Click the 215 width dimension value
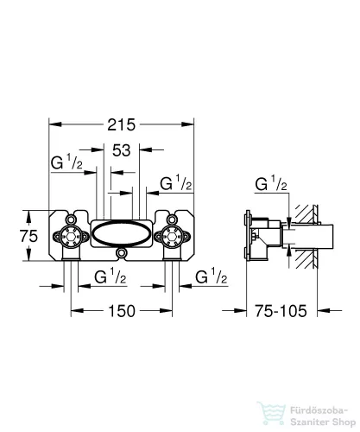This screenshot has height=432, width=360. coord(121,124)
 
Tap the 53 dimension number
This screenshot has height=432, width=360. coord(121,150)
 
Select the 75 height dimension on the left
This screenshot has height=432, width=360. coord(28,236)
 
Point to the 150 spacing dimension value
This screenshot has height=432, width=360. coord(122,311)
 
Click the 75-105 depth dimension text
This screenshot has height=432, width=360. coord(281,311)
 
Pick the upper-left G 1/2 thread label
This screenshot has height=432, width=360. coord(66,162)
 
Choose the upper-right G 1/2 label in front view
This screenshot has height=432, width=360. coord(176,183)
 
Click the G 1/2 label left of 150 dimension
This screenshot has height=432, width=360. coord(111,276)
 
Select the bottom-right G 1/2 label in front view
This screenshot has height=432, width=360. coord(212,276)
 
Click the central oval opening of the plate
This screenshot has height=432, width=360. coord(121,234)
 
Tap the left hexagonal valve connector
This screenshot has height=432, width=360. coord(71,237)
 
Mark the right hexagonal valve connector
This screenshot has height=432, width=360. coord(172,237)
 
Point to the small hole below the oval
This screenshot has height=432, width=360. coord(121,253)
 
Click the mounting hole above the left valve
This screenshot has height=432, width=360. coord(71,219)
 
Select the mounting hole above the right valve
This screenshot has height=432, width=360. coord(172,219)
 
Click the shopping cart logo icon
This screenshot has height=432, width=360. coord(271,414)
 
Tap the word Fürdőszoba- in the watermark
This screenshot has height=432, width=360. coord(319,410)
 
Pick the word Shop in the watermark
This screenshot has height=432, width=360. coord(344,422)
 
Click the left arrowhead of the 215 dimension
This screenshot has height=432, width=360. coord(55,124)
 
